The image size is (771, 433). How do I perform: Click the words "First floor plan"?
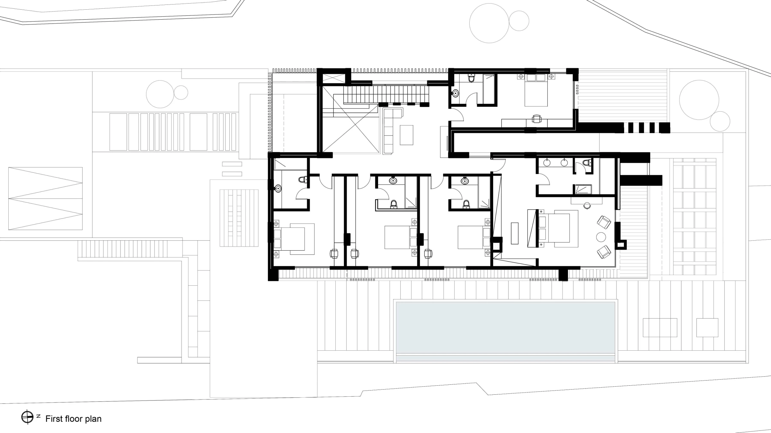pos(73,419)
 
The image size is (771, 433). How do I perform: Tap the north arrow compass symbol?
pos(27,417)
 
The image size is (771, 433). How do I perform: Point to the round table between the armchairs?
pos(601,237)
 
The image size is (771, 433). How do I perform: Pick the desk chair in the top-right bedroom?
pos(536,119)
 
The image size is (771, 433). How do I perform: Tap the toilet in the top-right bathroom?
pos(471,78)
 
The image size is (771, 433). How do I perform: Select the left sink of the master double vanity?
pos(547,163)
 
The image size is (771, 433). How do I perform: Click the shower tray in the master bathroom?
pos(583,189)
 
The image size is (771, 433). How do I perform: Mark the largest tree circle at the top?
pos(489,23)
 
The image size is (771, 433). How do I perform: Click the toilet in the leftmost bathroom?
pos(303,179)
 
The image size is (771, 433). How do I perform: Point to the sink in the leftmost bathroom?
pos(278,189)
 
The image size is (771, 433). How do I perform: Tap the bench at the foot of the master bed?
pos(515,233)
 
